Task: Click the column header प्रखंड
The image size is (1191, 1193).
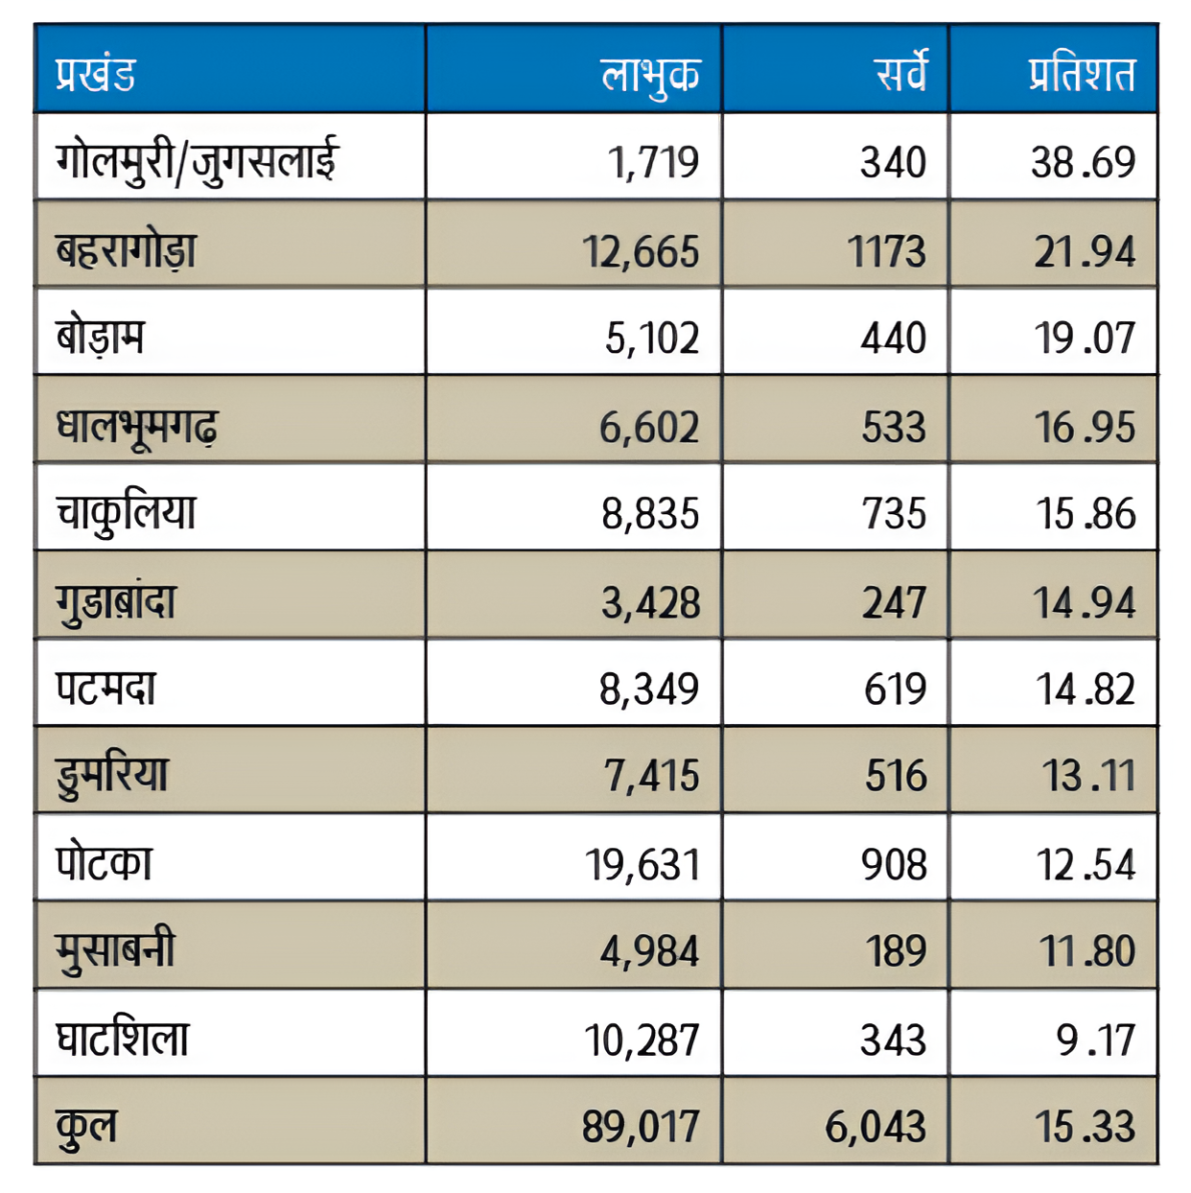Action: [96, 74]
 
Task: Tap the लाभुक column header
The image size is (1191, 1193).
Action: [650, 75]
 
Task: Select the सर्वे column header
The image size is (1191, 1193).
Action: [900, 73]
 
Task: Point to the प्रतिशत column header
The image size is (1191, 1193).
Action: [1082, 74]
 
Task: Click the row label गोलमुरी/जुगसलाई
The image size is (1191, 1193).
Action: [197, 160]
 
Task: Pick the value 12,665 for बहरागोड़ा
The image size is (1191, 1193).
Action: [642, 251]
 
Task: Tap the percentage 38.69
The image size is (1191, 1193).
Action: [1083, 162]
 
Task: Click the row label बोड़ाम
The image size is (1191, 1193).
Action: [101, 338]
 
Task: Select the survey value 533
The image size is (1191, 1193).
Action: [894, 427]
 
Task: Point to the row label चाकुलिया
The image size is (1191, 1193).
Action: [126, 512]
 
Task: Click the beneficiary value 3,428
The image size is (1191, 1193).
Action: [650, 602]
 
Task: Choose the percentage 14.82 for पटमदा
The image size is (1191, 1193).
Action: [1085, 690]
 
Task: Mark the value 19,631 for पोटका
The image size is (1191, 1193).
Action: [642, 865]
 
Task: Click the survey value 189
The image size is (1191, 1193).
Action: [896, 951]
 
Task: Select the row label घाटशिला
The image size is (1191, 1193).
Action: [123, 1040]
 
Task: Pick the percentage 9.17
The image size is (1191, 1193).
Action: [1095, 1041]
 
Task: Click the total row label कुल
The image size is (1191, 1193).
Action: [86, 1125]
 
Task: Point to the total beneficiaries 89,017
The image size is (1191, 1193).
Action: [641, 1127]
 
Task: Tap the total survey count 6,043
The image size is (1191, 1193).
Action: [876, 1127]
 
